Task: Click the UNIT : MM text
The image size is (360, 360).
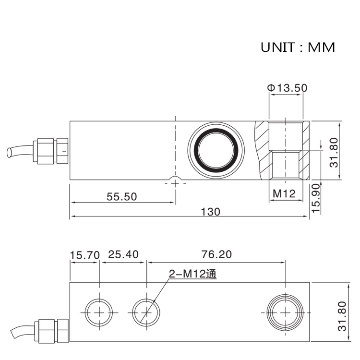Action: pyautogui.click(x=298, y=48)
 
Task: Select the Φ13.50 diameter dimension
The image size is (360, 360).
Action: pyautogui.click(x=287, y=88)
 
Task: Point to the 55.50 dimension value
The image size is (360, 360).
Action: pyautogui.click(x=121, y=196)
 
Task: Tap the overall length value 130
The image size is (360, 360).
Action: pyautogui.click(x=211, y=212)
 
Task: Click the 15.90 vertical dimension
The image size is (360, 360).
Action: pyautogui.click(x=315, y=198)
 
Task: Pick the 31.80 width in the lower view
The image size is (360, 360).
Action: pyautogui.click(x=341, y=316)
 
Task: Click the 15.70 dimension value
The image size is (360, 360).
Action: pyautogui.click(x=84, y=254)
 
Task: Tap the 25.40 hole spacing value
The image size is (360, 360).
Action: pyautogui.click(x=122, y=254)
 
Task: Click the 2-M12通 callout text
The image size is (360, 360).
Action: pyautogui.click(x=192, y=274)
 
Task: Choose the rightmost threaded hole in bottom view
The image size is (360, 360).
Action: pyautogui.click(x=286, y=312)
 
